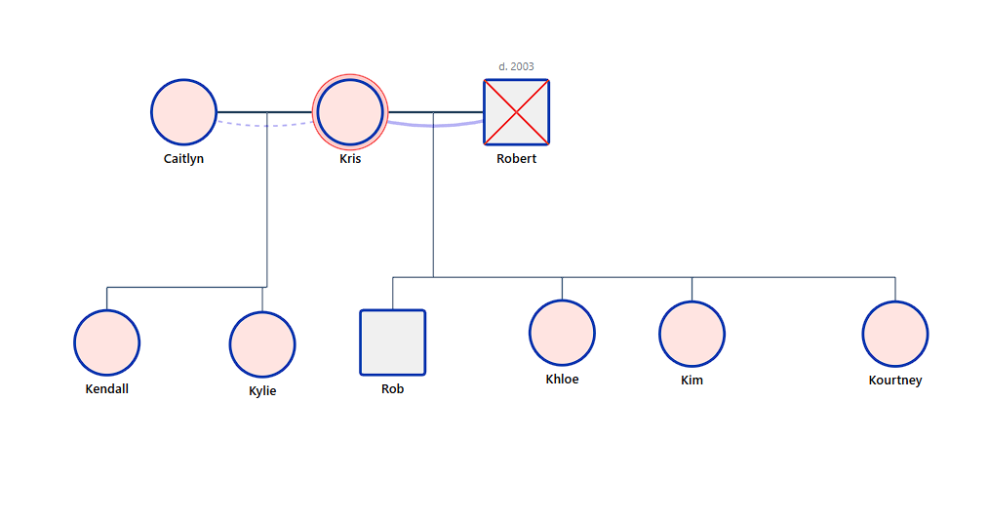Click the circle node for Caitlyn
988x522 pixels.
183,112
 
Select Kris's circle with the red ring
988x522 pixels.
350,112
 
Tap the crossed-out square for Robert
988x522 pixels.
516,112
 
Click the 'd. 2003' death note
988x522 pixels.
516,66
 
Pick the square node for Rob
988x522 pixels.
392,342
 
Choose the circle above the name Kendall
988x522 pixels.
106,342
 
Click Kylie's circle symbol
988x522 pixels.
262,344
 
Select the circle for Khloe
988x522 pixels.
562,333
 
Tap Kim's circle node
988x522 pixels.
692,334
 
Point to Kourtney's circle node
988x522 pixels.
894,334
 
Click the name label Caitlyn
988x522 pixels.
183,158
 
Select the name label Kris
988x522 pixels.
350,158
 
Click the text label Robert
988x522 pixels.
516,158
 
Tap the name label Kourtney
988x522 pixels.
894,380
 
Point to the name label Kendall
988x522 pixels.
106,388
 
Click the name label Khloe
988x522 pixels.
562,379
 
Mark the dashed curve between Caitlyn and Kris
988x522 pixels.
265,125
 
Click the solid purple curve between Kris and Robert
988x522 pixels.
434,125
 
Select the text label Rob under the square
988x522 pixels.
392,388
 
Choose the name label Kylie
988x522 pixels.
262,390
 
